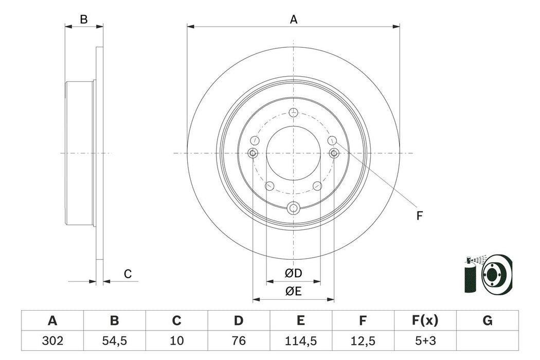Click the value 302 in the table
[x=52, y=341]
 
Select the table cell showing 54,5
[x=114, y=341]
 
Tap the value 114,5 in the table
[x=300, y=341]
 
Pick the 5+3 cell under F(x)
[x=425, y=341]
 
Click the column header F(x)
[x=425, y=321]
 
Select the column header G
[x=487, y=321]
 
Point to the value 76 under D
[x=238, y=341]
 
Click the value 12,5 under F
[x=363, y=341]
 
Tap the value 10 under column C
[x=176, y=341]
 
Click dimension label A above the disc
[x=294, y=20]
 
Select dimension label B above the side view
[x=84, y=20]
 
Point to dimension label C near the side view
[x=128, y=275]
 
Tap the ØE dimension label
[x=293, y=292]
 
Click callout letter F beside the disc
[x=419, y=217]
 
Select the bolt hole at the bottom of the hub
[x=293, y=208]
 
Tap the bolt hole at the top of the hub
[x=293, y=113]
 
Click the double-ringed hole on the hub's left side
[x=253, y=153]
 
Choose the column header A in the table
[x=52, y=321]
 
